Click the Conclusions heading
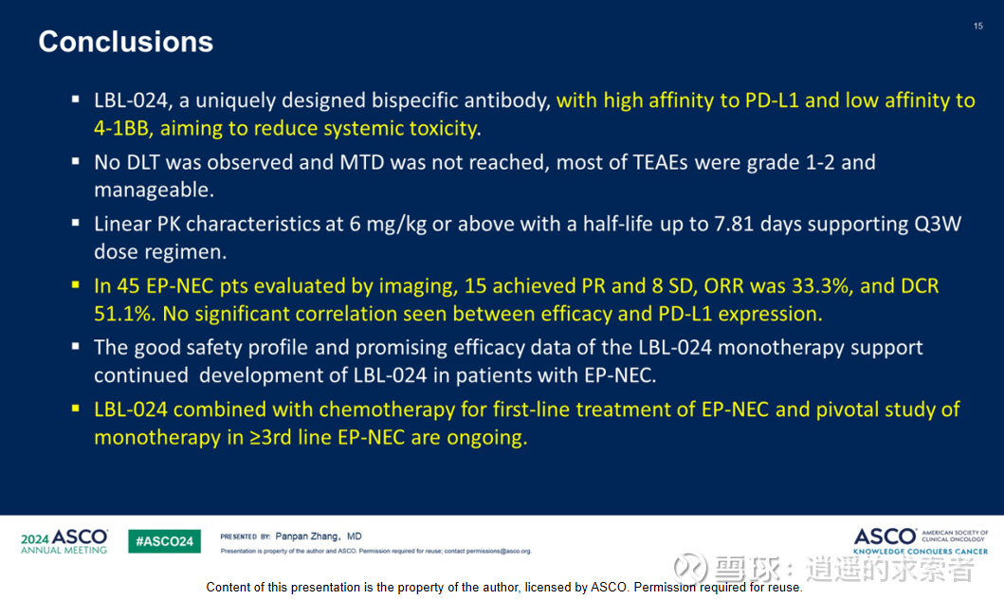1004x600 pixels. tap(125, 42)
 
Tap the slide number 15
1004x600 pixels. tap(977, 27)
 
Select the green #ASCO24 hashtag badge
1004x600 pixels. tap(165, 541)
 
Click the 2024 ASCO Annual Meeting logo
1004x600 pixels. tap(64, 542)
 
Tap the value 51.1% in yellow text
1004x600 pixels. tap(124, 314)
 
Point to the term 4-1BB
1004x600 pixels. tap(121, 128)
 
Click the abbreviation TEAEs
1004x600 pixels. tap(660, 162)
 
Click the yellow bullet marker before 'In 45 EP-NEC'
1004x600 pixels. tap(76, 285)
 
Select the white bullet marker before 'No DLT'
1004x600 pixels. tap(76, 161)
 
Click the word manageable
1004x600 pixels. tap(154, 191)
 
